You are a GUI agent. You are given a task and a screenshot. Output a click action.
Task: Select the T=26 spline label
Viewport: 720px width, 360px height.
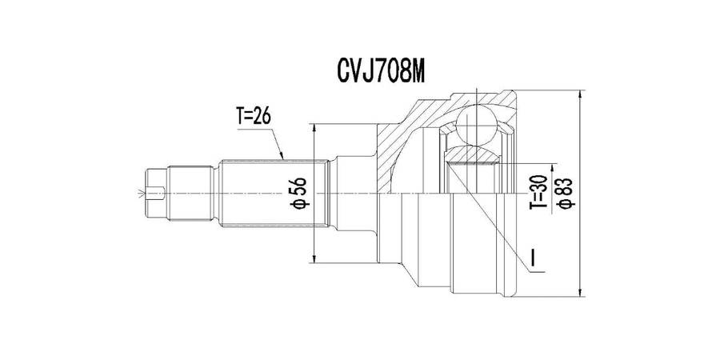click(x=254, y=117)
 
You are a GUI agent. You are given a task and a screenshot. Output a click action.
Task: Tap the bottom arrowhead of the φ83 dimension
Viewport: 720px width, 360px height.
click(x=578, y=293)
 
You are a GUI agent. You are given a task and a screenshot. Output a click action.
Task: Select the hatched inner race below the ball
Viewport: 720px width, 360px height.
click(x=472, y=154)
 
